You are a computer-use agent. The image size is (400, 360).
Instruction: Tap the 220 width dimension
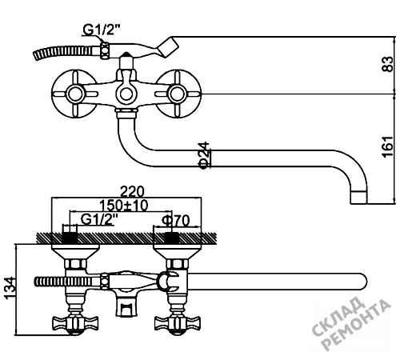(132, 191)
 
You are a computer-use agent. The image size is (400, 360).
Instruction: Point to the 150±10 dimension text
(123, 206)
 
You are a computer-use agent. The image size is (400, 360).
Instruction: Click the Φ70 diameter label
(176, 220)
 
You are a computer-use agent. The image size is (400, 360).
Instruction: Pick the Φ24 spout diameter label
(205, 155)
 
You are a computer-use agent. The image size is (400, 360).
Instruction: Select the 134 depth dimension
(10, 288)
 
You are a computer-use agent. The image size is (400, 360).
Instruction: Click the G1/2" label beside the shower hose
(101, 30)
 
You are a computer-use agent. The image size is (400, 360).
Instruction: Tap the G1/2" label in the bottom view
(99, 219)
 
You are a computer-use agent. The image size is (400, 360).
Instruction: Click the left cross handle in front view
(75, 94)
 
